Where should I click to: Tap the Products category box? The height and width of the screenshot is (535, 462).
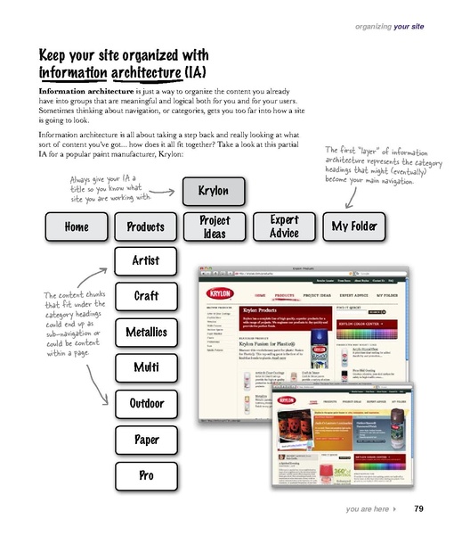tap(145, 227)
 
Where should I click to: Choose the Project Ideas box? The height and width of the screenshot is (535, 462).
tap(215, 226)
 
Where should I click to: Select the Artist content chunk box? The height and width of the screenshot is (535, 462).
tap(145, 260)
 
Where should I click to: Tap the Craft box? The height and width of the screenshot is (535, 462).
tap(145, 295)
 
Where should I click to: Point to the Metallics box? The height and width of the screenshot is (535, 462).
tap(145, 331)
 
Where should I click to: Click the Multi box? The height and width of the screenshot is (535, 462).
tap(145, 366)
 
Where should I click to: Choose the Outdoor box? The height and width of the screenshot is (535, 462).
tap(145, 403)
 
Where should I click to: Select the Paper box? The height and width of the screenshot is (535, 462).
tap(145, 440)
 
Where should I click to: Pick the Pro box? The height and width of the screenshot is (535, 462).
tap(145, 475)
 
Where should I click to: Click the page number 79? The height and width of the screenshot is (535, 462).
tap(417, 509)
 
